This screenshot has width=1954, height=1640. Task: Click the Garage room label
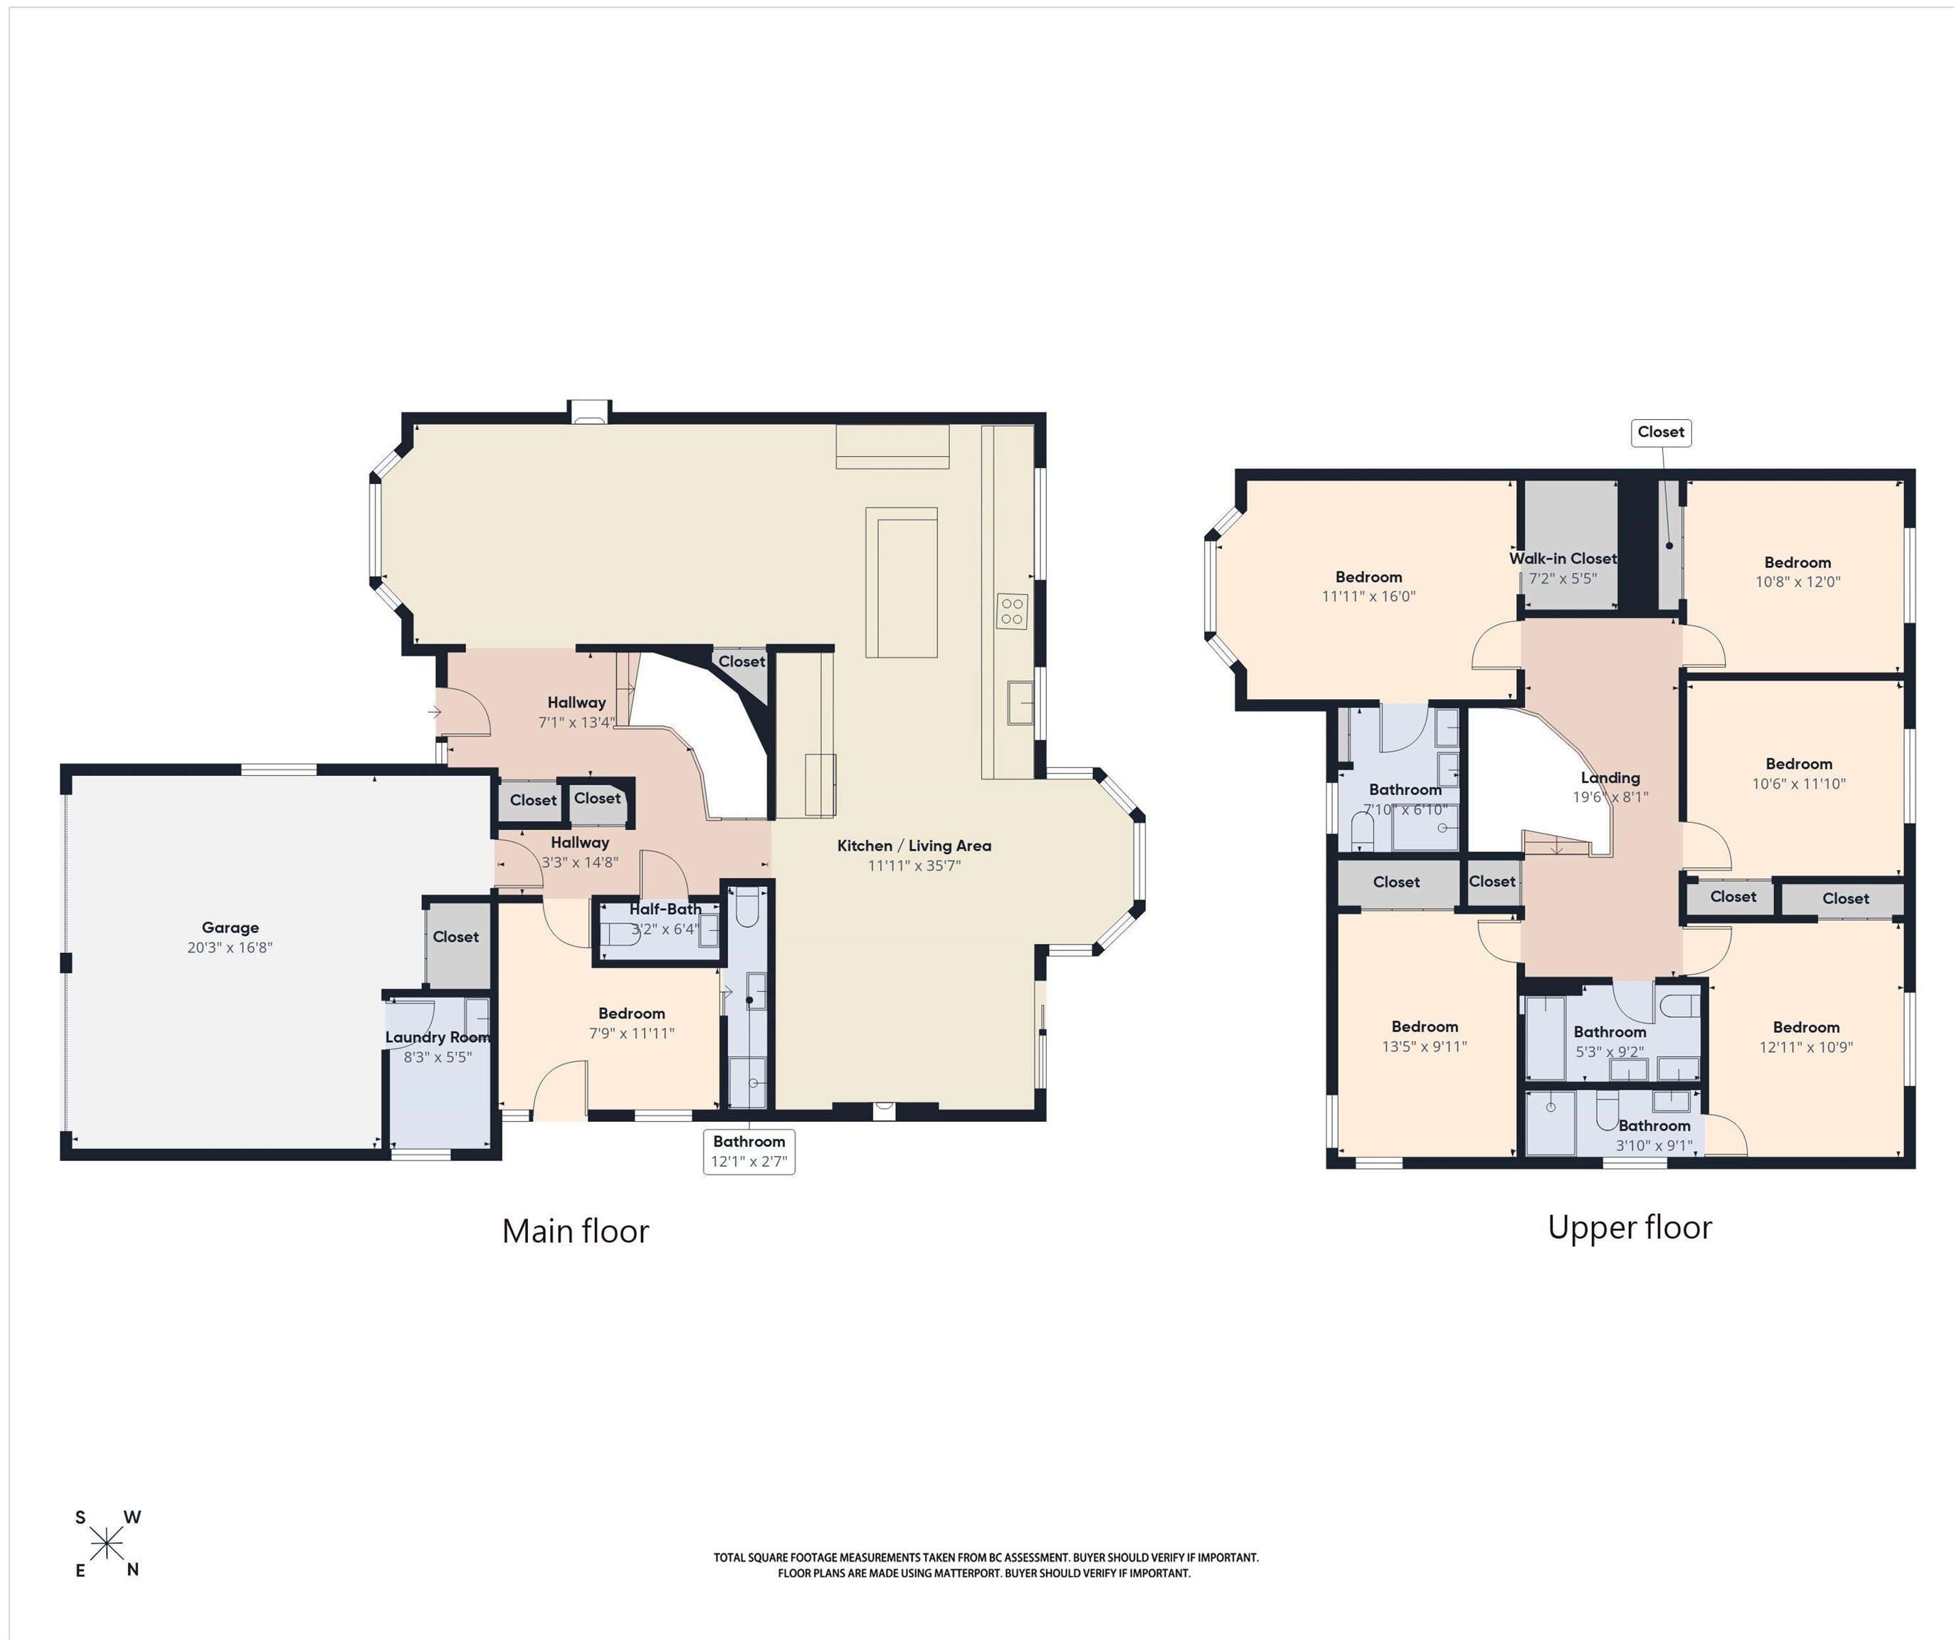pos(230,927)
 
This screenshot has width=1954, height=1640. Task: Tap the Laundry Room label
pos(438,1037)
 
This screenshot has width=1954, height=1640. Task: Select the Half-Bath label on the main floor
pos(665,908)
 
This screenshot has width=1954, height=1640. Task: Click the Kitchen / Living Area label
pos(914,845)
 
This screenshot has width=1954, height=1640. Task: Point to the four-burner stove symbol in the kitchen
pos(1013,611)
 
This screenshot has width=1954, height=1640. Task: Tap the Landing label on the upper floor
pos(1610,778)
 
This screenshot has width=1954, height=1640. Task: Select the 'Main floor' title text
pos(575,1231)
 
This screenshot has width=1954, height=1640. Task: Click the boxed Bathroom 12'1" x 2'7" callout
pos(749,1152)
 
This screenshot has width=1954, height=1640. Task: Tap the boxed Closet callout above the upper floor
pos(1661,432)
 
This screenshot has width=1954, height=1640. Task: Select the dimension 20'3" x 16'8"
pos(230,947)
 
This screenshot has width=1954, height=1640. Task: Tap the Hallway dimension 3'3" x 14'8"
pos(580,863)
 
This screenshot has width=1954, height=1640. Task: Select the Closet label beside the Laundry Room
pos(456,936)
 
